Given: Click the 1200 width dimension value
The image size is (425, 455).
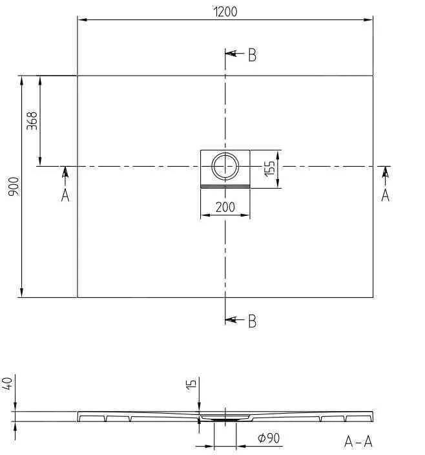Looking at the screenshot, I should (225, 11).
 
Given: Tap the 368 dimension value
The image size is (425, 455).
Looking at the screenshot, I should (32, 121).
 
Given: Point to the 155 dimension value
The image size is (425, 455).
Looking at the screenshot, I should (269, 169).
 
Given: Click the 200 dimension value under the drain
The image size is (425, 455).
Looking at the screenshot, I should (225, 207).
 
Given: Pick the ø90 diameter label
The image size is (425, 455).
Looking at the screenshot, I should (268, 438).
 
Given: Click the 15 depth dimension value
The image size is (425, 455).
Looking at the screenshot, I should (191, 384).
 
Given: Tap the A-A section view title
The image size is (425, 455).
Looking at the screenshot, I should (358, 441).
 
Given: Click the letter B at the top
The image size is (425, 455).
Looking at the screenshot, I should (252, 55).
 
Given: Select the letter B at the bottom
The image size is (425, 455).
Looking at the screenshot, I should (252, 320).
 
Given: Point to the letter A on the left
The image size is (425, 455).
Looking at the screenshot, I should (65, 195).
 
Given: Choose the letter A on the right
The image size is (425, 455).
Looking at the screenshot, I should (386, 195).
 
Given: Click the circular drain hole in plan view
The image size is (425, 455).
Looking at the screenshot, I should (225, 167).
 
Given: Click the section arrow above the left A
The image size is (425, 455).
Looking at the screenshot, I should (65, 174).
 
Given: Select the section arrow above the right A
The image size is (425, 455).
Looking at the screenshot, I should (386, 174).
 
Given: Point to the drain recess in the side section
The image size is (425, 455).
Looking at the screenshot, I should (225, 418).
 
